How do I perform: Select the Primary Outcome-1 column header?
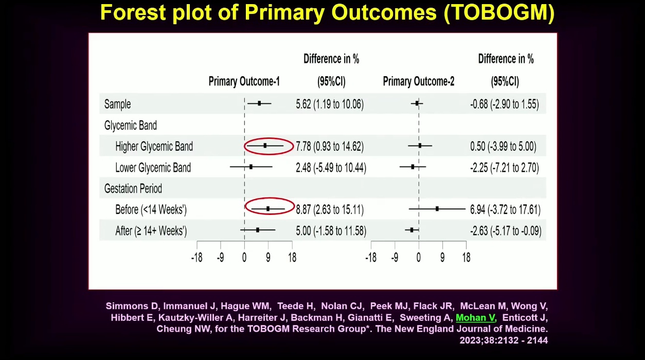point(244,81)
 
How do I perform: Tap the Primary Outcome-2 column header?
point(418,81)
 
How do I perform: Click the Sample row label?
point(117,104)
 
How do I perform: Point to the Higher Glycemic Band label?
point(154,147)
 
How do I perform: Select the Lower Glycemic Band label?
point(153,168)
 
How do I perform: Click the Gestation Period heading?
point(133,189)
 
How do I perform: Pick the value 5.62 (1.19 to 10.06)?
point(330,104)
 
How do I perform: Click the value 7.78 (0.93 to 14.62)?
point(330,147)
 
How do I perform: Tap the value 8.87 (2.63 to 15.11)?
point(330,210)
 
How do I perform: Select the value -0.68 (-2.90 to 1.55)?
point(505,104)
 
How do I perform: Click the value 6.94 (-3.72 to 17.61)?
point(505,210)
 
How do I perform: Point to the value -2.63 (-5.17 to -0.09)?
point(506,231)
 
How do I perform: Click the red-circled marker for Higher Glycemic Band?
point(265,146)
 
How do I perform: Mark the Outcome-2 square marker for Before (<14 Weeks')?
point(437,209)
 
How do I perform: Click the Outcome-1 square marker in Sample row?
point(259,103)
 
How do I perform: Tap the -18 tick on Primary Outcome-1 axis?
point(196,258)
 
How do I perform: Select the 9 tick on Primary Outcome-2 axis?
point(442,258)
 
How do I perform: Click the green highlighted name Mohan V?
point(475,318)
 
